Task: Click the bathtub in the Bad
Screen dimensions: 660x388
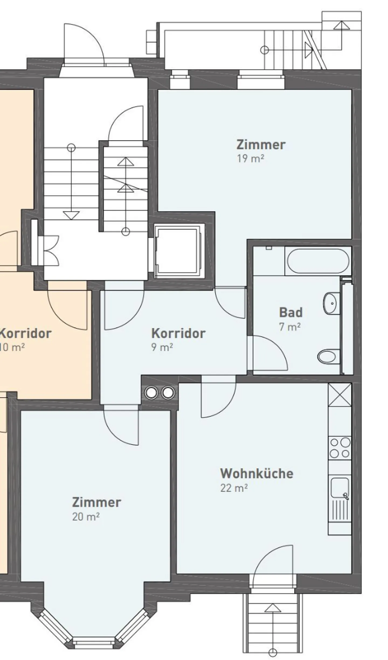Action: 318,261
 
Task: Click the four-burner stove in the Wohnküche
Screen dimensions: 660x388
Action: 340,448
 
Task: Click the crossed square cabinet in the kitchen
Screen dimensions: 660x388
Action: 339,394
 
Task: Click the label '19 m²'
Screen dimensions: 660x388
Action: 250,159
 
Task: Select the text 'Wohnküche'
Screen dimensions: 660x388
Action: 257,473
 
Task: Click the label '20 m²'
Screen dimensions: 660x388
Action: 86,517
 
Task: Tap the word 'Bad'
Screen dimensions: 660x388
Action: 291,312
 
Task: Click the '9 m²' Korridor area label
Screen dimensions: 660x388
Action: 162,347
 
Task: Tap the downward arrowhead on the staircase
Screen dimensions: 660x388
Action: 71,215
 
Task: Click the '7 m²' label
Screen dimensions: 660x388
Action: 290,327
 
